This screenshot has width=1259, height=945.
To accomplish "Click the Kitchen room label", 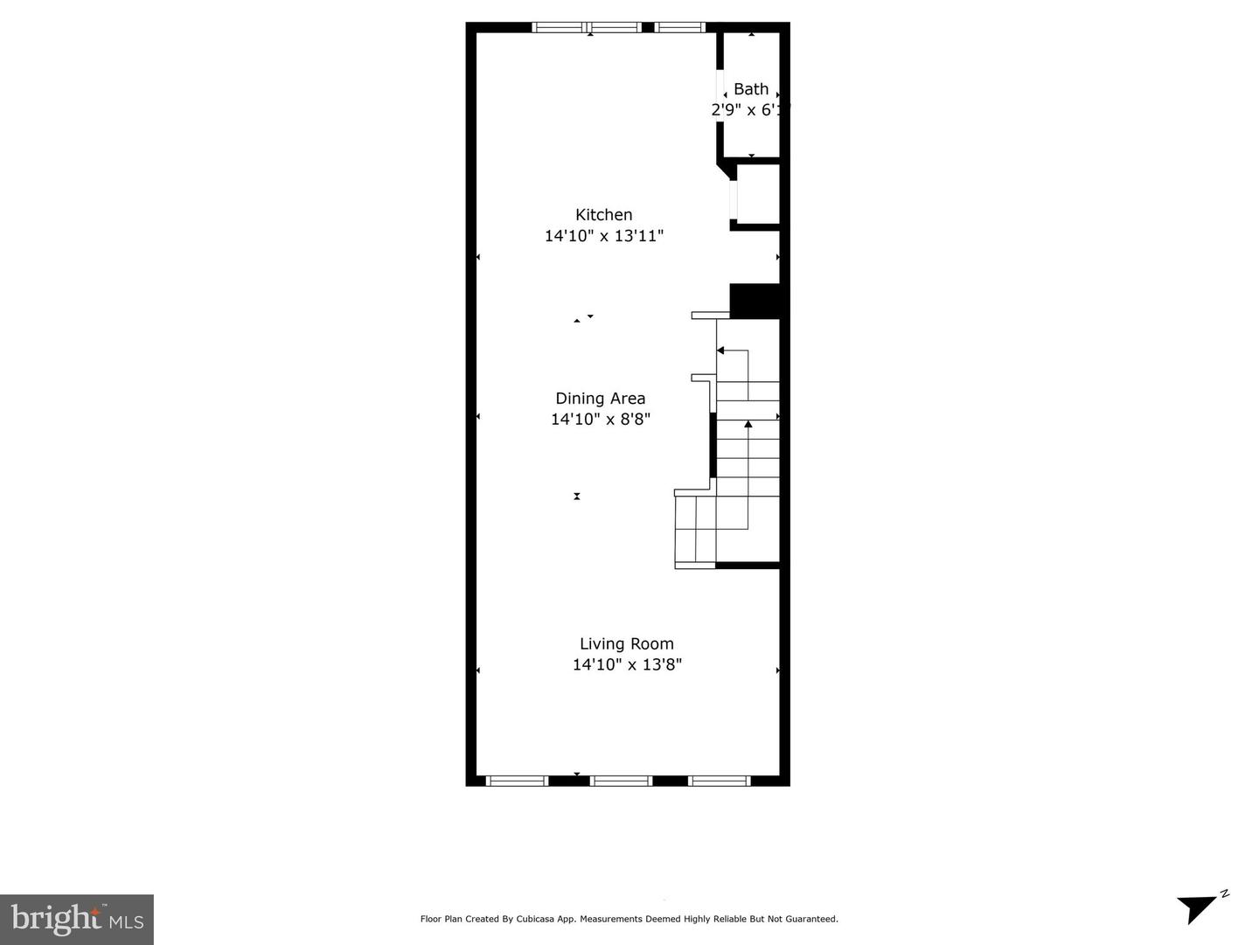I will [x=603, y=214].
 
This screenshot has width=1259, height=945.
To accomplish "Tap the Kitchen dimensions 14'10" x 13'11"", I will [x=603, y=236].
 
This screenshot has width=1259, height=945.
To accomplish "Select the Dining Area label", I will [x=600, y=399].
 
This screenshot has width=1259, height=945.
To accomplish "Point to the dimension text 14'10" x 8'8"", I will [x=600, y=420].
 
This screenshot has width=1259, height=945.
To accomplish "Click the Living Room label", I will [x=626, y=644].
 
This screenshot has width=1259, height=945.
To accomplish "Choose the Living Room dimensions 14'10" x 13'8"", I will [x=626, y=665].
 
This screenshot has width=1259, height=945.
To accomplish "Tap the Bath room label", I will [x=750, y=89].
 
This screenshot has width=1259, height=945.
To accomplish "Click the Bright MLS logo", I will [x=77, y=919].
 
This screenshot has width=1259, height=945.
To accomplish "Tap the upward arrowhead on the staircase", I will [x=748, y=425].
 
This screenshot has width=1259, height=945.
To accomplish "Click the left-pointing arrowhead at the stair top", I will [x=720, y=351].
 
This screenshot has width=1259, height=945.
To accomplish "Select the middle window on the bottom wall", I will [x=621, y=781].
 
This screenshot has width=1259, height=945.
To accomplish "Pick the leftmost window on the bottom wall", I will [x=517, y=781].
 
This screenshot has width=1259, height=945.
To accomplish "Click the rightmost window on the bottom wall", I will [x=719, y=781].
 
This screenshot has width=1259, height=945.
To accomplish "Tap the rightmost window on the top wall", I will [x=679, y=28].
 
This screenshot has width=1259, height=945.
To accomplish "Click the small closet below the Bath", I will [x=757, y=194].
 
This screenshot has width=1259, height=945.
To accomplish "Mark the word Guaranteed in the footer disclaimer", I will [x=811, y=919].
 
